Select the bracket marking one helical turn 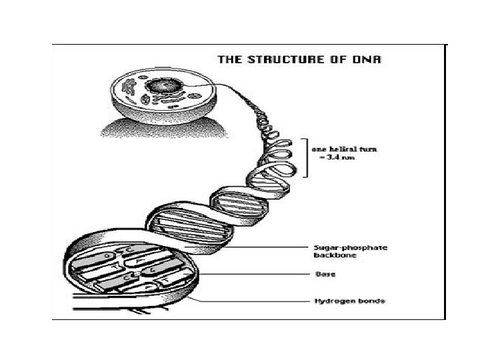point(306,157)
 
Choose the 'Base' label point(325,274)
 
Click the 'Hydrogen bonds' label point(349,301)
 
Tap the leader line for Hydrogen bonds point(253,301)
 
